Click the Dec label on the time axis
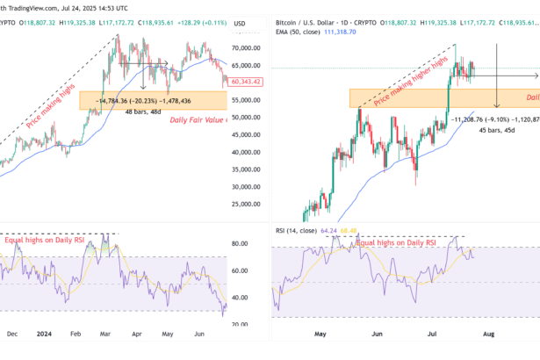[11, 334]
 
